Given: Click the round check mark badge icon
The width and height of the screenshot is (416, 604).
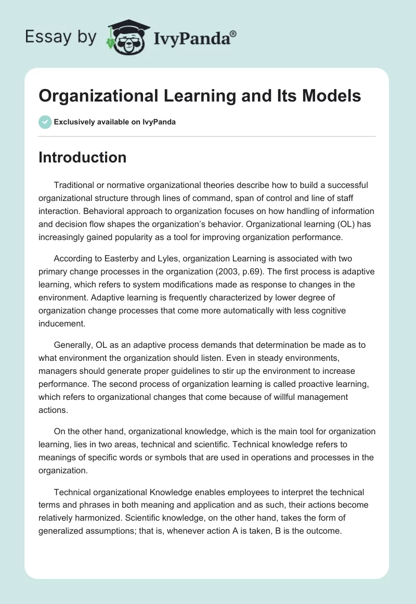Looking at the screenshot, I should tap(45, 122).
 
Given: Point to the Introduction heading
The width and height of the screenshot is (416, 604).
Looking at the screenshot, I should tap(82, 157).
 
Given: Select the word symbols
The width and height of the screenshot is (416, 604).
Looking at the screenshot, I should tap(189, 458).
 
